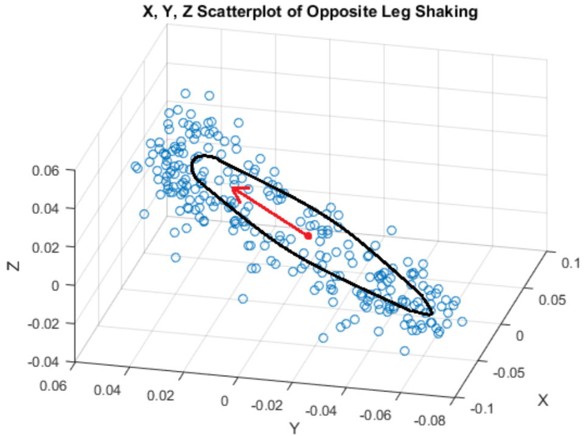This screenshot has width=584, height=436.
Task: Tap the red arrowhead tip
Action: (231, 189)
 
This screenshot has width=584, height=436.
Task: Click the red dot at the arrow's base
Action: (308, 236)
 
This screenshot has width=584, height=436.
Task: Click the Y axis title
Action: (294, 429)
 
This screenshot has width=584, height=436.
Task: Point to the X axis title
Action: (543, 400)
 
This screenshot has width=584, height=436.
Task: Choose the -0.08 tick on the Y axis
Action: (431, 420)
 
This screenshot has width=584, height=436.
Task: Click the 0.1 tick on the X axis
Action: (570, 264)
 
